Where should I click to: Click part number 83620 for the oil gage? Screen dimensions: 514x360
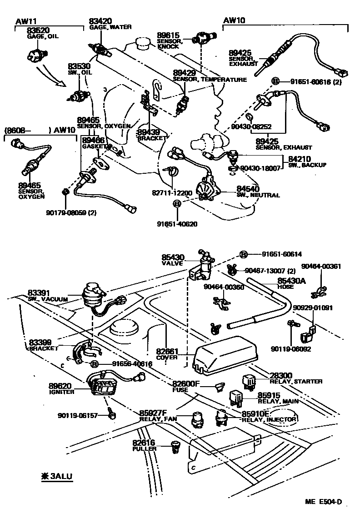point(38,30)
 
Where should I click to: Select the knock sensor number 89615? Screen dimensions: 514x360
point(169,35)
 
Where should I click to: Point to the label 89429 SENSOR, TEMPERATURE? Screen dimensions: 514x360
point(184,73)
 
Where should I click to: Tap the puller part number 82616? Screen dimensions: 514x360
point(144,442)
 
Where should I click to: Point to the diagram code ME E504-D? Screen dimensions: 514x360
point(323,502)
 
